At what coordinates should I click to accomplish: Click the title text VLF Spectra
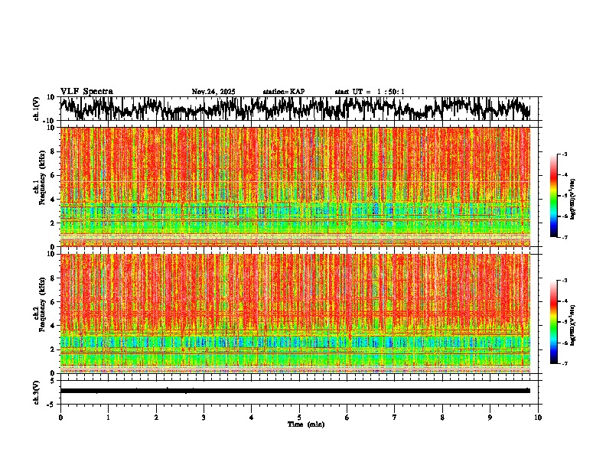[86, 92]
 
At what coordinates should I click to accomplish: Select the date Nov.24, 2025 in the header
[213, 92]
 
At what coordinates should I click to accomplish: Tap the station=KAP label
[283, 92]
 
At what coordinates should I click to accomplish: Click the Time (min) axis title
[305, 424]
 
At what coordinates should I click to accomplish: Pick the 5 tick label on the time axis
[299, 418]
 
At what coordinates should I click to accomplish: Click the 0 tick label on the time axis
[60, 418]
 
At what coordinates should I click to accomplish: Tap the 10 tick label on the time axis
[538, 418]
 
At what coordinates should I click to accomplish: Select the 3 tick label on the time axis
[204, 418]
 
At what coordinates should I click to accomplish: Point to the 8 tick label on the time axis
[442, 418]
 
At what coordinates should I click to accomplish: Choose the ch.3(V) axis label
[37, 391]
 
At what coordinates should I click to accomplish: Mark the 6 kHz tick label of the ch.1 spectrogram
[52, 175]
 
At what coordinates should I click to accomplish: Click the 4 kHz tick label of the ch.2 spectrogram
[52, 326]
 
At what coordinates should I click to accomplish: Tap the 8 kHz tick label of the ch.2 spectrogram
[52, 278]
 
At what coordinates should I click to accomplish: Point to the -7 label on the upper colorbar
[565, 237]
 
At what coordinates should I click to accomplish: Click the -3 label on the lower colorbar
[565, 281]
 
